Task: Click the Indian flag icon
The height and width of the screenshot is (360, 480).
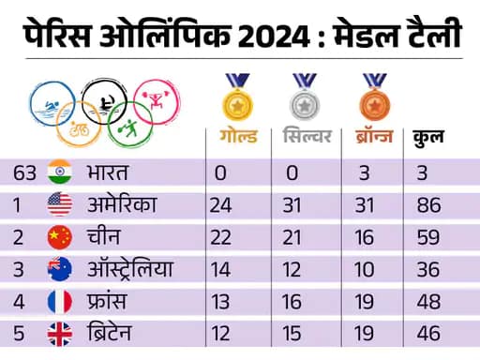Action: tap(59, 173)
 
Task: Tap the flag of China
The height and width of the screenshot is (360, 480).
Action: tap(59, 237)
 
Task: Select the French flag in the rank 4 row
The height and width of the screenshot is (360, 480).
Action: tap(59, 301)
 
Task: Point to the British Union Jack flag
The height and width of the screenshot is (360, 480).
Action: tap(59, 333)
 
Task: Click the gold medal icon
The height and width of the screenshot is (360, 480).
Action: tap(234, 95)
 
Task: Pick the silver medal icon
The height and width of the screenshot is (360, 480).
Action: tap(303, 95)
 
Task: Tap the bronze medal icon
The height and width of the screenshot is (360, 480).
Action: tap(370, 95)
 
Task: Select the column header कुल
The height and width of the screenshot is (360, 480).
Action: tap(428, 138)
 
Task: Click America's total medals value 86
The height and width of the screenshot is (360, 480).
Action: tap(428, 205)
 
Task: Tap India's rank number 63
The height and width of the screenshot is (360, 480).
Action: tap(25, 173)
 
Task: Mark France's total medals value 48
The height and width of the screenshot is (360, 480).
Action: tap(428, 301)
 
